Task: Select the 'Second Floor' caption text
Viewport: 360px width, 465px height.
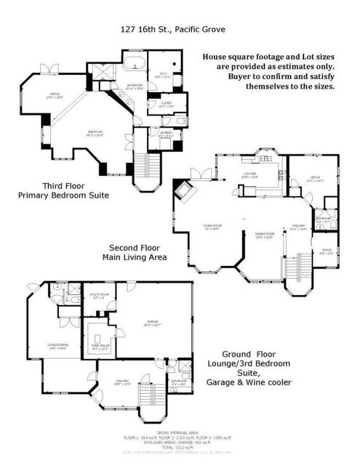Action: (x=129, y=247)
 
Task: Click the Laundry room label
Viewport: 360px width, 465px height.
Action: (x=164, y=133)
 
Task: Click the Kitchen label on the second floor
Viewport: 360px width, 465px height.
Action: (x=249, y=176)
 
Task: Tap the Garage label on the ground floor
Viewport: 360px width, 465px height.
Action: (x=152, y=325)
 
